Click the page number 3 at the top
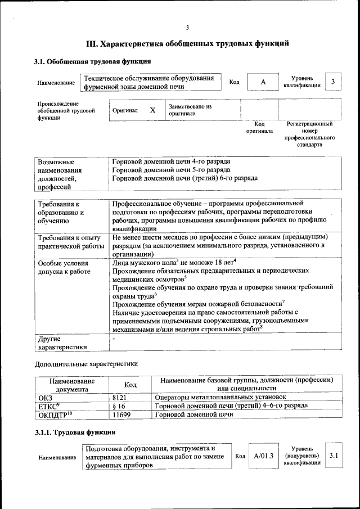tap(187, 29)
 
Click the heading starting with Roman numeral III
tap(187, 43)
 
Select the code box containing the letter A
tap(263, 82)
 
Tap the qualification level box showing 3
tap(333, 82)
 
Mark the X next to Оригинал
tap(152, 110)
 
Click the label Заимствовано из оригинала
tap(190, 110)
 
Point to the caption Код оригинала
tap(259, 127)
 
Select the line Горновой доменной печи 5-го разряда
tap(171, 170)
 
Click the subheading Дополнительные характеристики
tap(86, 363)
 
